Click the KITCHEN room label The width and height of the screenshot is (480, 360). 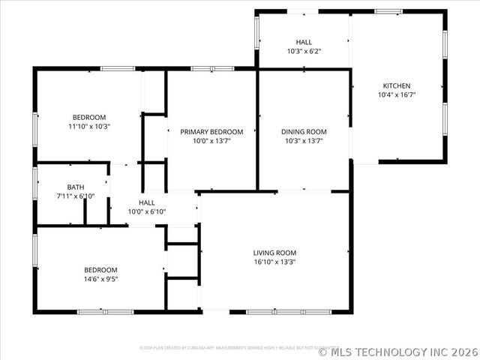(x=397, y=85)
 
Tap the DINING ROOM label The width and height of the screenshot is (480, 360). (x=304, y=132)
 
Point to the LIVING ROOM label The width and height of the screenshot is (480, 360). (x=274, y=253)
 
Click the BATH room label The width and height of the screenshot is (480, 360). (x=76, y=187)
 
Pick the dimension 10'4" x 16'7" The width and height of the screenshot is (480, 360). (x=397, y=95)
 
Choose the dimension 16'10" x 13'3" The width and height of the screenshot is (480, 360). (x=274, y=262)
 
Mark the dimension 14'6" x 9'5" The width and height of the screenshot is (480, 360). (x=100, y=279)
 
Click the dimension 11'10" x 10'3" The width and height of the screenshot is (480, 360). (x=89, y=127)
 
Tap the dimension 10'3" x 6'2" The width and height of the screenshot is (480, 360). (x=304, y=51)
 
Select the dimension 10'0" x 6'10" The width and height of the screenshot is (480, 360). (x=147, y=211)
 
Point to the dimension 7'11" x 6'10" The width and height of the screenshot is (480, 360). (x=76, y=196)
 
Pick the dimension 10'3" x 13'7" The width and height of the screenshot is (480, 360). (x=304, y=141)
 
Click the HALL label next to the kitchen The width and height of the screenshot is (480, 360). (x=304, y=42)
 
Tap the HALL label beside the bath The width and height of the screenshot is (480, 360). (x=147, y=202)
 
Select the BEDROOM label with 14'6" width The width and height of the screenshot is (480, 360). (x=100, y=270)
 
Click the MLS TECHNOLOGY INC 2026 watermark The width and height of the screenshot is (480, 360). (x=400, y=350)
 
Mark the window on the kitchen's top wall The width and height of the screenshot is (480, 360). (x=388, y=11)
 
